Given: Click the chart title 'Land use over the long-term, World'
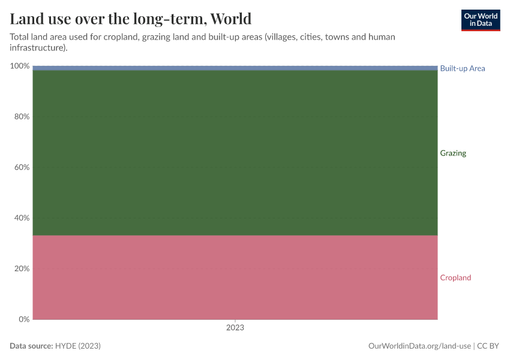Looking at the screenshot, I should (x=130, y=18).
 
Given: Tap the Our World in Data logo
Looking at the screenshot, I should (x=480, y=20).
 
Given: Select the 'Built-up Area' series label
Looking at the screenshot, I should (x=462, y=68).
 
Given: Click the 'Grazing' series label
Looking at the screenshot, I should (x=453, y=153).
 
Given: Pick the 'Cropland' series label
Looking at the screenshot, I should (x=455, y=278).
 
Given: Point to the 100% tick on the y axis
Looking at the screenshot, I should (x=20, y=66).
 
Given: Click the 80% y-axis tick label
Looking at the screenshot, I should (x=22, y=116).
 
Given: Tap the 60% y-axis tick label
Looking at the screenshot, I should (x=22, y=167).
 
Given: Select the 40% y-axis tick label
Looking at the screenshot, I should (x=22, y=218).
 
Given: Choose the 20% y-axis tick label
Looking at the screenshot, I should (x=22, y=269).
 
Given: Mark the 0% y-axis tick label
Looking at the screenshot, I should (x=23, y=319).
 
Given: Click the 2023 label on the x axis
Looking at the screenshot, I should (x=235, y=328).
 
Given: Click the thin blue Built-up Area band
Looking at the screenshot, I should (x=235, y=68).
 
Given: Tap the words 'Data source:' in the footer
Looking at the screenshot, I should (x=31, y=346).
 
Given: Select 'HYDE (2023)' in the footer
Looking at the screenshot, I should (x=77, y=346).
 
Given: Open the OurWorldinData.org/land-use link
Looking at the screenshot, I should (x=419, y=346).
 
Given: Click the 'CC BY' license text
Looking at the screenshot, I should (x=488, y=346).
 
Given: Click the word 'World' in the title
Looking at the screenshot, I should (x=230, y=18).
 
